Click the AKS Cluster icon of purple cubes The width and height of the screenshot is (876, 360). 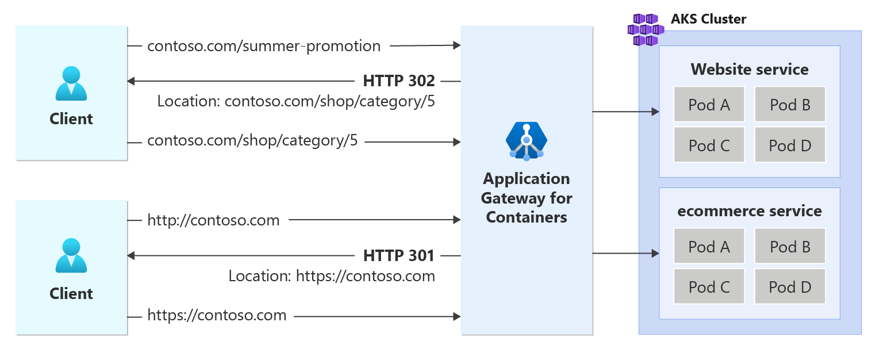pyautogui.click(x=646, y=29)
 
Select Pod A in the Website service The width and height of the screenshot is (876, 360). pyautogui.click(x=709, y=105)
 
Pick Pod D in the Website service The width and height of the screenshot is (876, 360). pyautogui.click(x=790, y=145)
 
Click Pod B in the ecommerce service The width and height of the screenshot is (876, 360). pyautogui.click(x=790, y=247)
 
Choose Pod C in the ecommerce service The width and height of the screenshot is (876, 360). pyautogui.click(x=709, y=287)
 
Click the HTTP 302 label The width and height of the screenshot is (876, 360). pyautogui.click(x=399, y=81)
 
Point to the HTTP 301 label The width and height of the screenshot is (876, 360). pyautogui.click(x=399, y=255)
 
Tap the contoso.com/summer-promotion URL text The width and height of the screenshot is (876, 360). pyautogui.click(x=264, y=46)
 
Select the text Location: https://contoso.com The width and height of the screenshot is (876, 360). pyautogui.click(x=332, y=276)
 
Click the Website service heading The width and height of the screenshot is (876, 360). pyautogui.click(x=749, y=70)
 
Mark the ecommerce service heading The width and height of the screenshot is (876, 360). pyautogui.click(x=749, y=211)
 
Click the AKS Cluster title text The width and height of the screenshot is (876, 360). pyautogui.click(x=708, y=19)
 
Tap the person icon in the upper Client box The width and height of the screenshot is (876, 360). pyautogui.click(x=71, y=83)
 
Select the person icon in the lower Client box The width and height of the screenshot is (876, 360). pyautogui.click(x=71, y=255)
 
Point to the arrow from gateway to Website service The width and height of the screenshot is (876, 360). pyautogui.click(x=625, y=112)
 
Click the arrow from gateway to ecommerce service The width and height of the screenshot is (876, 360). pyautogui.click(x=625, y=253)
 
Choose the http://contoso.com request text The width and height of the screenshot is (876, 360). pyautogui.click(x=213, y=220)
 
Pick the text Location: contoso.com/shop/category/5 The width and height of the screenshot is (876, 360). pyautogui.click(x=296, y=102)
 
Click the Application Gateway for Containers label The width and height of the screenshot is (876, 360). pyautogui.click(x=526, y=198)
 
